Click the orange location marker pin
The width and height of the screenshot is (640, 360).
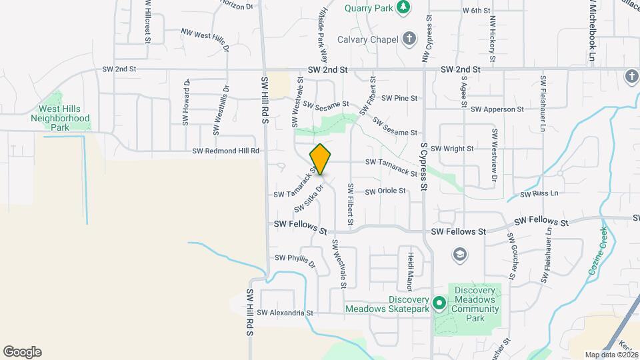[321, 159]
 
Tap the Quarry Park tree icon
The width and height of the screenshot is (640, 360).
[403, 8]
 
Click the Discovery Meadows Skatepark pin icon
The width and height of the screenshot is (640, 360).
[439, 303]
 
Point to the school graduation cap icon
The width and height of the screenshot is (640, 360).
[459, 254]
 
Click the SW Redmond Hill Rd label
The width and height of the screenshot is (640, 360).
[225, 151]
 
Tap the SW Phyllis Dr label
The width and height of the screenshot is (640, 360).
[295, 260]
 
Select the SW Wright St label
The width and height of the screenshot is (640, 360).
[452, 149]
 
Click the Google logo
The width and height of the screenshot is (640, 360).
[22, 352]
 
